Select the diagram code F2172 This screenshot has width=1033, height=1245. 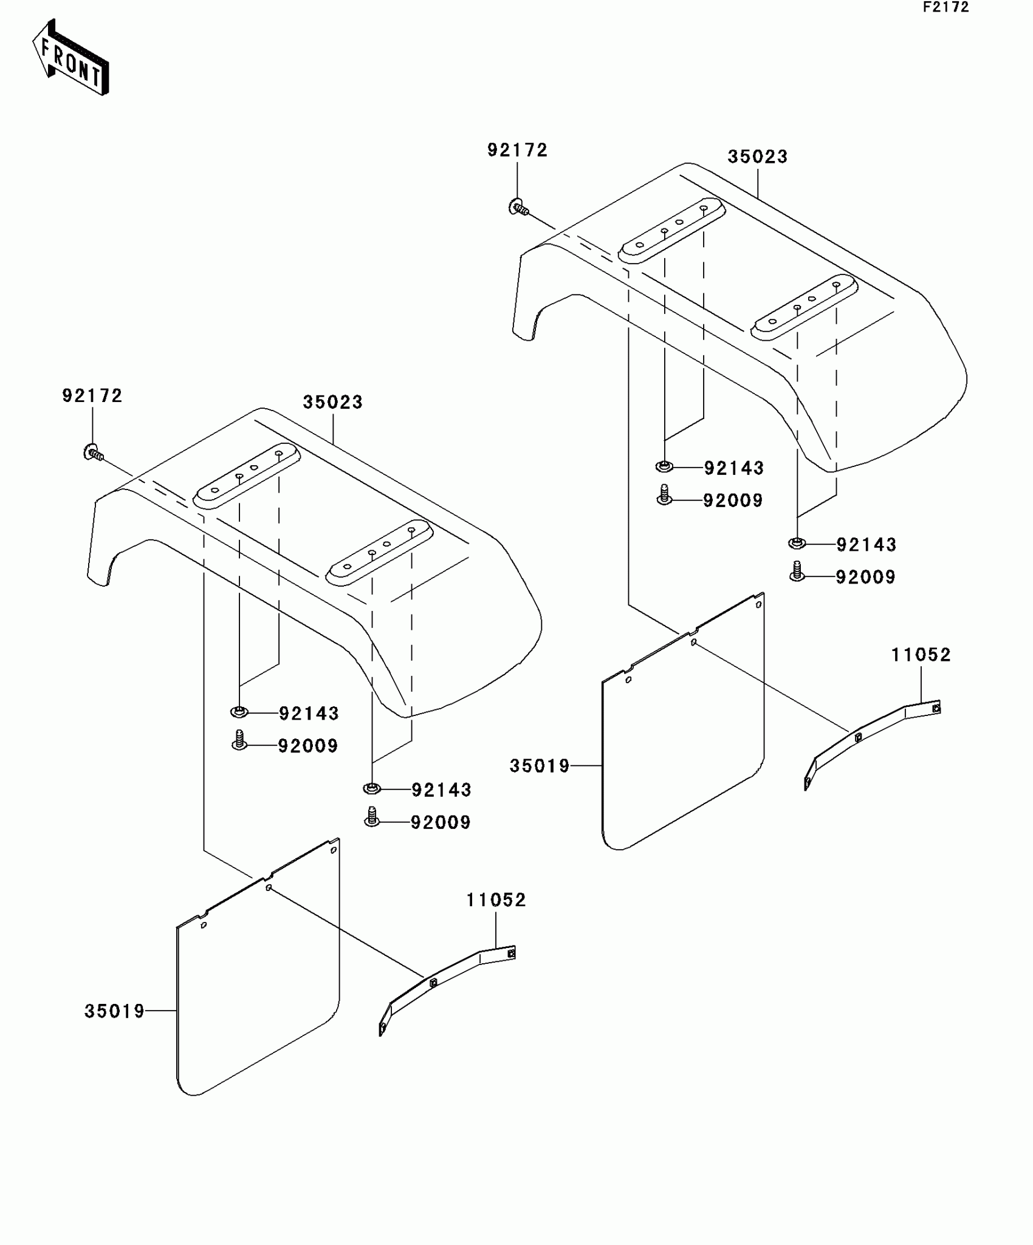(945, 8)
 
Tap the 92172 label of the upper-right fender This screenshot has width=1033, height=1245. (517, 151)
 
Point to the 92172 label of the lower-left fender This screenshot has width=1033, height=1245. (92, 396)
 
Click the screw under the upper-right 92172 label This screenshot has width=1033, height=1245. (518, 208)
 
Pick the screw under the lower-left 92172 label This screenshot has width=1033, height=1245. (93, 453)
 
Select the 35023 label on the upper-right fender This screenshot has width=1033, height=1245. (757, 157)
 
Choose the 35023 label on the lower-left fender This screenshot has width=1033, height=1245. (332, 402)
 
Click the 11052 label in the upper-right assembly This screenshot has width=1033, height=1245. (921, 655)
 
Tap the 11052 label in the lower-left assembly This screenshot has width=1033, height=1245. (496, 900)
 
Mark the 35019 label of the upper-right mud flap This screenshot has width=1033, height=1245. (540, 766)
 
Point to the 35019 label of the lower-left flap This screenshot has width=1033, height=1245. (114, 1012)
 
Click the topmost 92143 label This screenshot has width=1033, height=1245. (733, 468)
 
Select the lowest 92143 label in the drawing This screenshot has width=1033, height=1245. (441, 790)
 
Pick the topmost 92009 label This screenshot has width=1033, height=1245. (733, 500)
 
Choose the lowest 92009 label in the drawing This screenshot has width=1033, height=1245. (441, 822)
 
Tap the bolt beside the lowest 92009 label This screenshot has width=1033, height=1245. (372, 816)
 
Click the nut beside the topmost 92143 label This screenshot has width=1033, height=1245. (664, 466)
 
